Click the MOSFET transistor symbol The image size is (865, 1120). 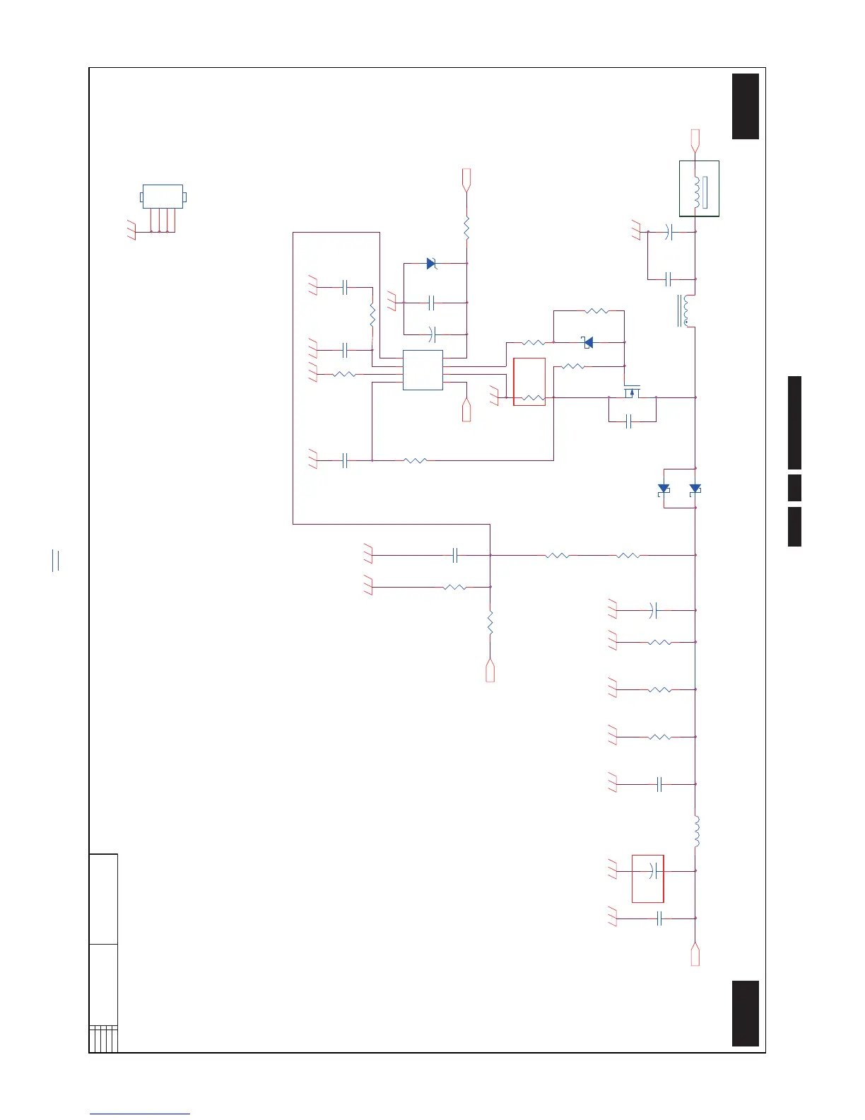pos(632,392)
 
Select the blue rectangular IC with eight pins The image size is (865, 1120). pos(423,370)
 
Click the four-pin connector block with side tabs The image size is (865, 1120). pos(163,197)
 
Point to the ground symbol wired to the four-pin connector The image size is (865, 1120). pos(131,231)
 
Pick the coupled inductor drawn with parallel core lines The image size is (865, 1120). pos(685,311)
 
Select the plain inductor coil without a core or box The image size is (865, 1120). pos(697,832)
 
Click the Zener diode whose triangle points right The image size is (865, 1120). pos(432,264)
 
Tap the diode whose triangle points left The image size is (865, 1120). pos(588,342)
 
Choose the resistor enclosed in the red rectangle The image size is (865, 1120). pos(534,398)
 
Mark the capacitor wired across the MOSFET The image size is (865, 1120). pos(629,422)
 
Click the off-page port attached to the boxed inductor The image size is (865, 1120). pos(695,139)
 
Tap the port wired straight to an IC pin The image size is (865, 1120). pos(466,410)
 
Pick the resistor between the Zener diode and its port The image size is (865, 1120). pos(466,228)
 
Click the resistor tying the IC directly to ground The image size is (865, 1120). pos(344,374)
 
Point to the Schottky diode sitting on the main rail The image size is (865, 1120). pos(695,489)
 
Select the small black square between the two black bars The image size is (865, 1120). pos(794,488)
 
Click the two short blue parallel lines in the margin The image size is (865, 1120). pos(56,560)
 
